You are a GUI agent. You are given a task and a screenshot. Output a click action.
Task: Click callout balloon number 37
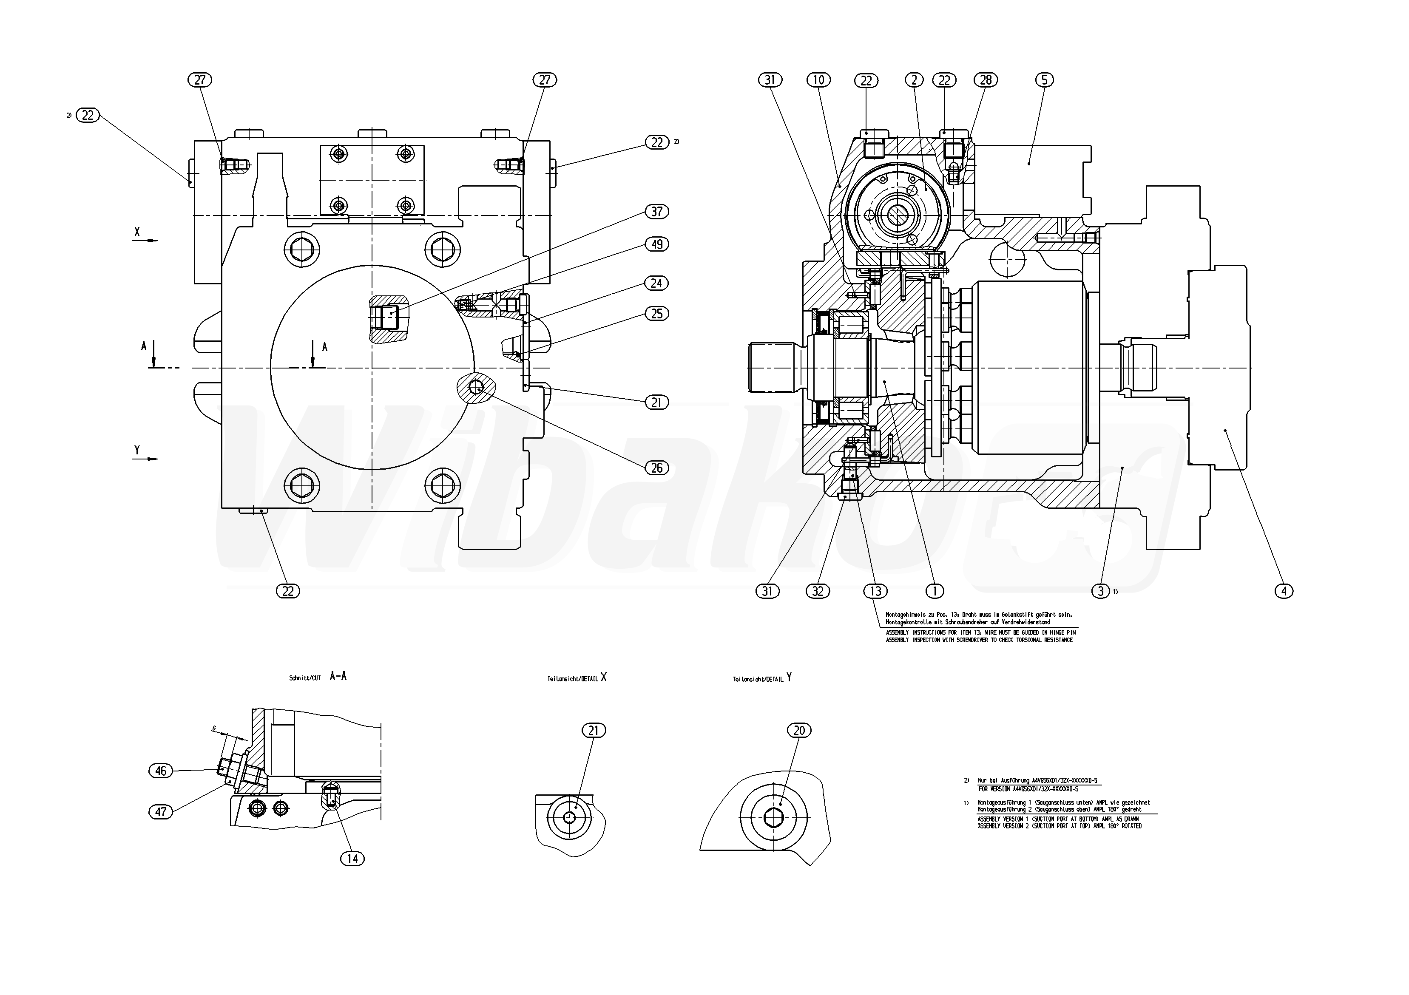click(656, 212)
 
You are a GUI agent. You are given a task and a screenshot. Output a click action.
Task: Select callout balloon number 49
click(656, 244)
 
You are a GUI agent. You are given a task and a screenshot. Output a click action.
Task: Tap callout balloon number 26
click(656, 468)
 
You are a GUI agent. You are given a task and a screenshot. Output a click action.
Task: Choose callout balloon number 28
click(986, 80)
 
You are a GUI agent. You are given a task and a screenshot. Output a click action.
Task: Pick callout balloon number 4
click(1284, 591)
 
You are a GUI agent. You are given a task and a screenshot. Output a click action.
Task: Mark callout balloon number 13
click(875, 591)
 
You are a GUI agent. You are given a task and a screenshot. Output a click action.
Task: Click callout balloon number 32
click(818, 591)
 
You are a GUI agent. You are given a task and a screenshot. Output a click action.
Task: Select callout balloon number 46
click(161, 771)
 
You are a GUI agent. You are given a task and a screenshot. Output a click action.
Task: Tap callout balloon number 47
click(161, 812)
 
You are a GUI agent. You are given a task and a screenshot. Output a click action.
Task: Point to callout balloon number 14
click(352, 859)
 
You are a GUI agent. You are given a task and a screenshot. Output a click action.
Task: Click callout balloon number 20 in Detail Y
click(799, 731)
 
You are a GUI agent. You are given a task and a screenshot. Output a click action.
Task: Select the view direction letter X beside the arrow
click(137, 232)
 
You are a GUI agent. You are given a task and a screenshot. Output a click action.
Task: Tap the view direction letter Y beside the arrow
click(137, 450)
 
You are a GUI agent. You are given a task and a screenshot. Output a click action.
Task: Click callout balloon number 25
click(656, 314)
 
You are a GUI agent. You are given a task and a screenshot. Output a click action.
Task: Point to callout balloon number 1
click(934, 591)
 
